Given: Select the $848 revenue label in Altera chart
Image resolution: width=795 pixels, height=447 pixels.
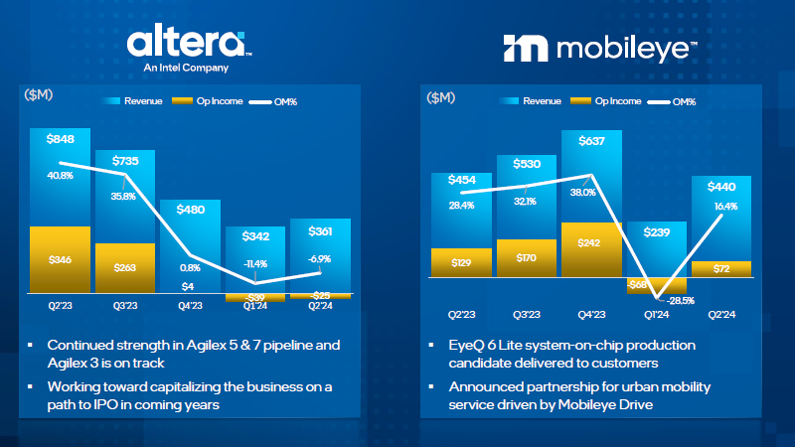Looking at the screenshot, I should (61, 139).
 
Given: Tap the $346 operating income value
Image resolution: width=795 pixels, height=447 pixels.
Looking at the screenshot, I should (61, 259).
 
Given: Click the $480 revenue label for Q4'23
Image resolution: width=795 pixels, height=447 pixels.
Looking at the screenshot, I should (191, 210).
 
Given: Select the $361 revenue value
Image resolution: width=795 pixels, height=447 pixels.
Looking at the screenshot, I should (321, 230).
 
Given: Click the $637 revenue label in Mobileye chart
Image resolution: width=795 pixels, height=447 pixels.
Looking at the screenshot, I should (590, 140).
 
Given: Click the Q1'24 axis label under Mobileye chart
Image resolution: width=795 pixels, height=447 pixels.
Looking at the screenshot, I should (656, 315).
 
